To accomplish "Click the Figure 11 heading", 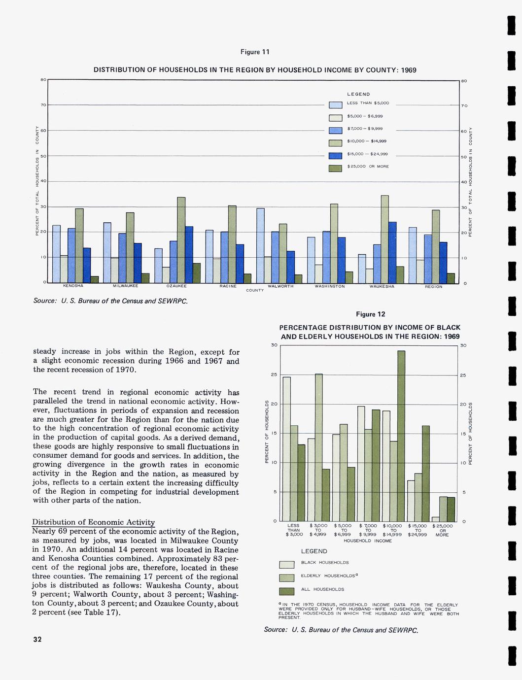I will pyautogui.click(x=255, y=52).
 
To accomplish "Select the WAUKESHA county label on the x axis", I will pyautogui.click(x=382, y=286).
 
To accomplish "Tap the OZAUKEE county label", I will pyautogui.click(x=176, y=286).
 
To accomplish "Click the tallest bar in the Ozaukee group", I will pyautogui.click(x=181, y=239).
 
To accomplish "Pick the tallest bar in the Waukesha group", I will pyautogui.click(x=384, y=239).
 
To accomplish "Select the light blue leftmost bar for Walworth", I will pyautogui.click(x=260, y=245).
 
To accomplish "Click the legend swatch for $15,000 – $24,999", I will pyautogui.click(x=335, y=156).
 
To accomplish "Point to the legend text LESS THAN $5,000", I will pyautogui.click(x=368, y=103).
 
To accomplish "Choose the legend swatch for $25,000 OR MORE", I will pyautogui.click(x=335, y=169).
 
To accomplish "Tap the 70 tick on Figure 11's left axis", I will pyautogui.click(x=43, y=105).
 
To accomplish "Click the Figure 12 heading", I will pyautogui.click(x=370, y=314).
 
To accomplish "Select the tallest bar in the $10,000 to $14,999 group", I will pyautogui.click(x=401, y=436).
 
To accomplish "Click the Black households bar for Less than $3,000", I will pyautogui.click(x=286, y=449).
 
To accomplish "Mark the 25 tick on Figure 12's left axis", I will pyautogui.click(x=275, y=375).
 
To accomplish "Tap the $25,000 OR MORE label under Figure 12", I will pyautogui.click(x=442, y=530).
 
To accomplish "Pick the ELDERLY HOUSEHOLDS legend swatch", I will pyautogui.click(x=286, y=578).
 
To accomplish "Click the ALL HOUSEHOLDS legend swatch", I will pyautogui.click(x=286, y=591).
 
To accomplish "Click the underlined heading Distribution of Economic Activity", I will pyautogui.click(x=94, y=522).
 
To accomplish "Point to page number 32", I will pyautogui.click(x=37, y=640).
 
